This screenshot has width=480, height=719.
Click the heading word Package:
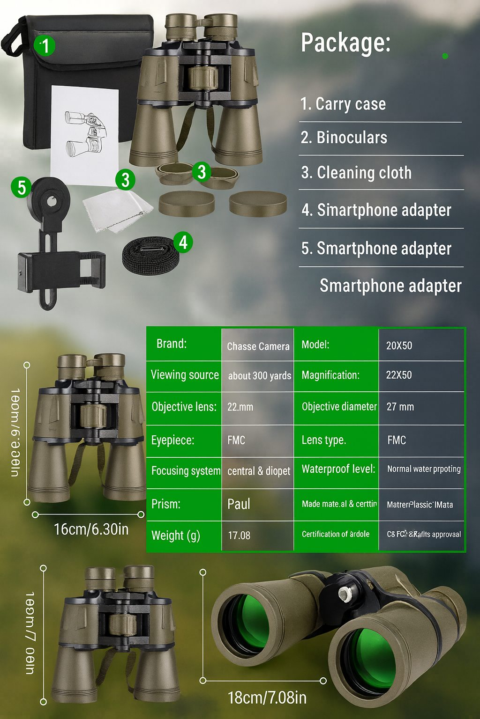pyautogui.click(x=345, y=43)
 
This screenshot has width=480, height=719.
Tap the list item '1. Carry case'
pyautogui.click(x=343, y=104)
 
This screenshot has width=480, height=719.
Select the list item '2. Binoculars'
pyautogui.click(x=344, y=138)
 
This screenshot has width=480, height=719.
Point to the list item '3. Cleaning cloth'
pyautogui.click(x=356, y=173)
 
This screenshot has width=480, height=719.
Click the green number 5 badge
pyautogui.click(x=21, y=187)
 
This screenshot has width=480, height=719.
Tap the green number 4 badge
pyautogui.click(x=183, y=242)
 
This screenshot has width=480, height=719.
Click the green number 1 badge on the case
pyautogui.click(x=45, y=46)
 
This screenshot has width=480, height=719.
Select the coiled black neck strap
pyautogui.click(x=150, y=256)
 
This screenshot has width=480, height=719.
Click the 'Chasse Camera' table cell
pyautogui.click(x=258, y=346)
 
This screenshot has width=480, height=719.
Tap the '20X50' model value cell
pyautogui.click(x=399, y=345)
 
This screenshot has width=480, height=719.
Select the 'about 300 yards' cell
pyautogui.click(x=259, y=376)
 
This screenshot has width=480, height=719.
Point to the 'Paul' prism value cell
pyautogui.click(x=239, y=504)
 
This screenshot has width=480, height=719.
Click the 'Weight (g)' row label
pyautogui.click(x=176, y=535)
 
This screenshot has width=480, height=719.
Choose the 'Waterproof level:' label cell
pyautogui.click(x=338, y=469)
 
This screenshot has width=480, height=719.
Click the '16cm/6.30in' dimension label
pyautogui.click(x=91, y=529)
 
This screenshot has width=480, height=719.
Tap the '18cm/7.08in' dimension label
pyautogui.click(x=267, y=697)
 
